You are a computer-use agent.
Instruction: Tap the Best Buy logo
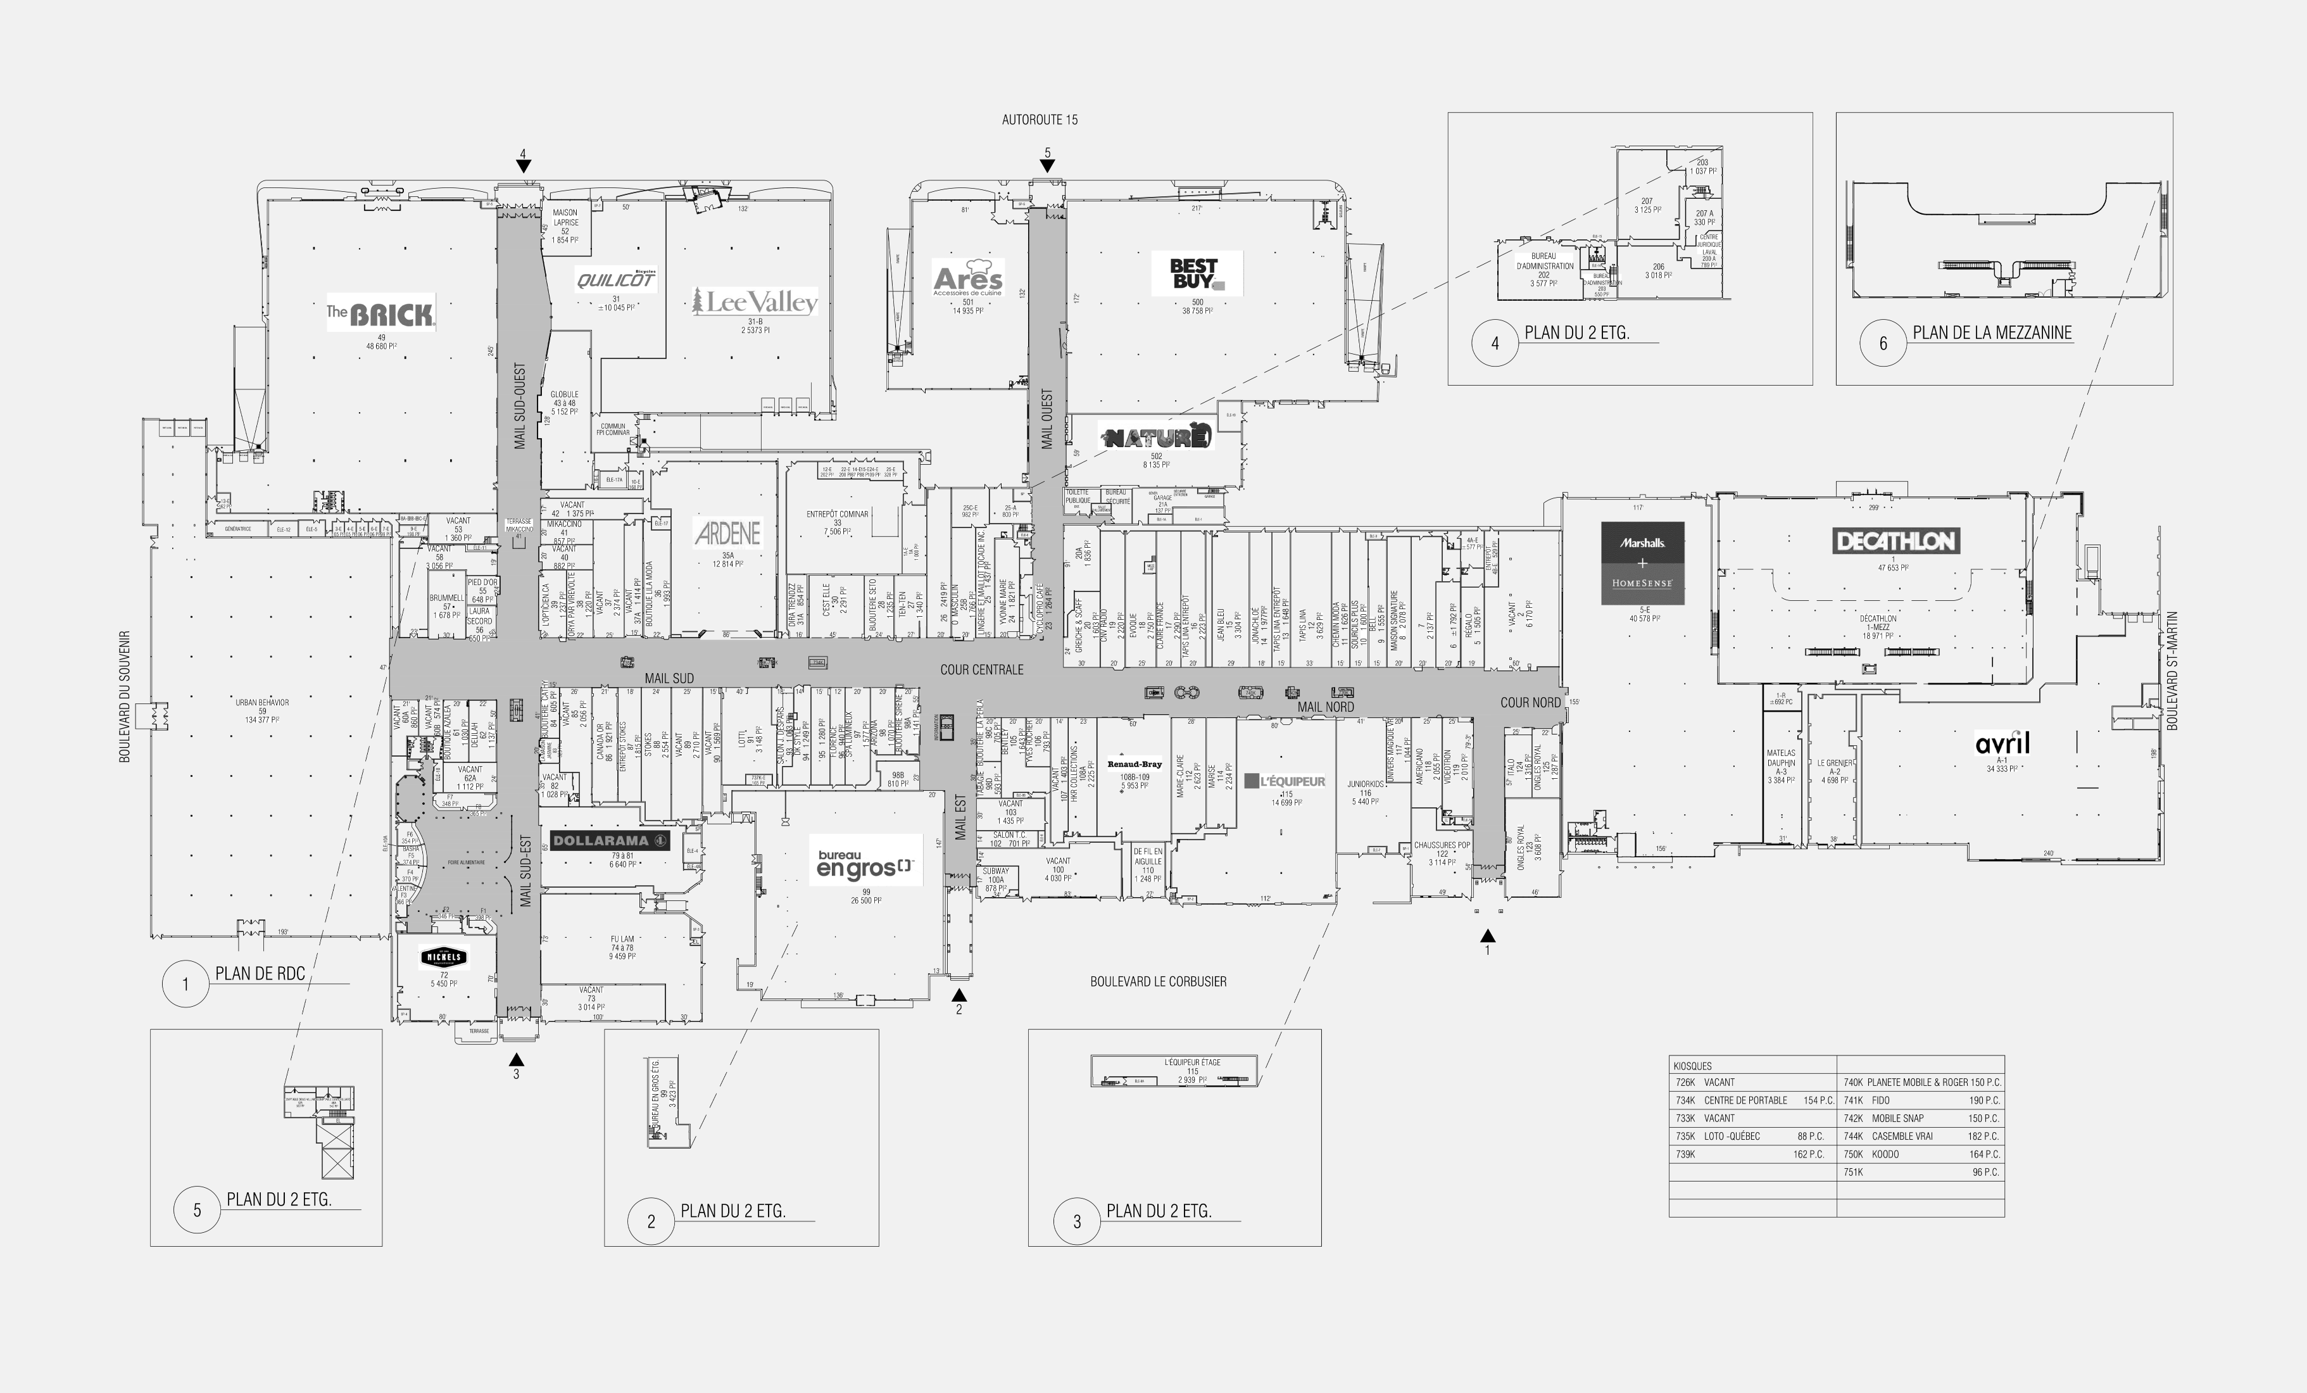tap(1196, 274)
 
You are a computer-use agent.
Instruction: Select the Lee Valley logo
tap(755, 301)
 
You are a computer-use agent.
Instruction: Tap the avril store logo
tap(2002, 744)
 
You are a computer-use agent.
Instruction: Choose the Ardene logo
tap(727, 534)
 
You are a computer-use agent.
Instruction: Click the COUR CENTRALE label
tap(981, 669)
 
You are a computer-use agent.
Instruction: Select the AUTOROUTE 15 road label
tap(1040, 120)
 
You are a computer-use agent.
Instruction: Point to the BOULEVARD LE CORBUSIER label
tap(1157, 981)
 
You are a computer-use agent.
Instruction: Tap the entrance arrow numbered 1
tap(1487, 935)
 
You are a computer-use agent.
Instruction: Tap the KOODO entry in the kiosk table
tap(1885, 1154)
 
